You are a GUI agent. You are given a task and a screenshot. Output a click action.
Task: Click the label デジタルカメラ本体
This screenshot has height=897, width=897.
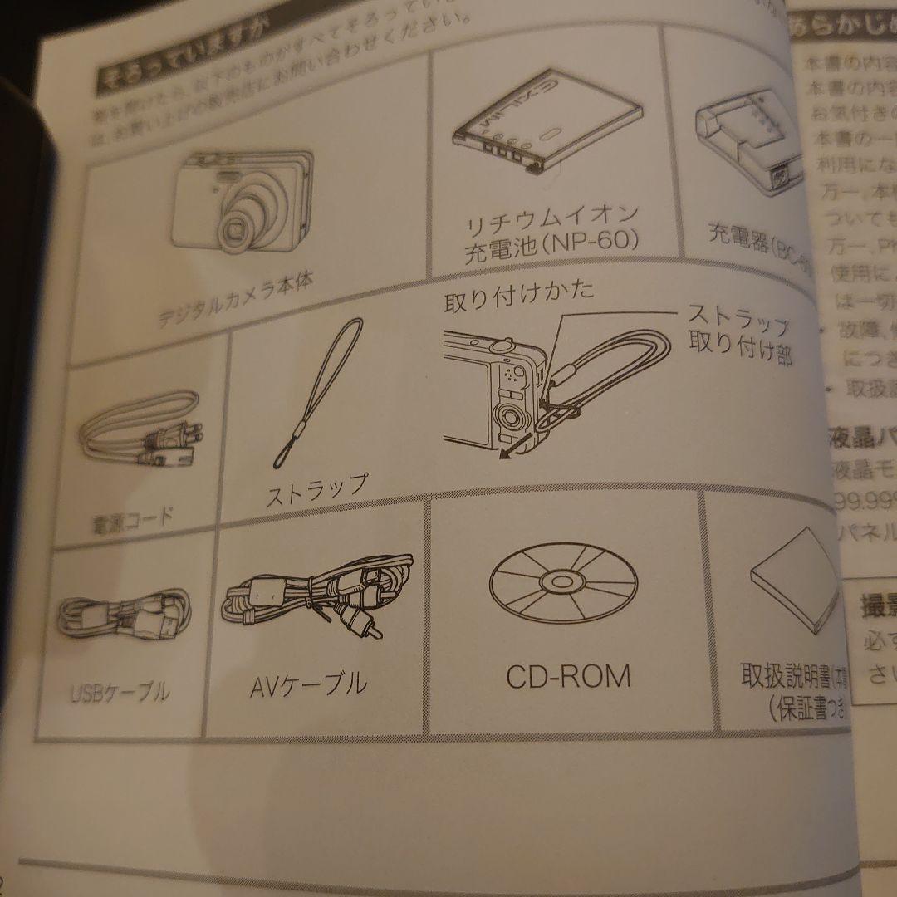[236, 302]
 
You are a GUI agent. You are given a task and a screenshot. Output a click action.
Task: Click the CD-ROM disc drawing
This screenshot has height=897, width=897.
[562, 578]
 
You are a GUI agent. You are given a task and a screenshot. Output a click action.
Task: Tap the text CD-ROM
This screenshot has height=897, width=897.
[568, 676]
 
